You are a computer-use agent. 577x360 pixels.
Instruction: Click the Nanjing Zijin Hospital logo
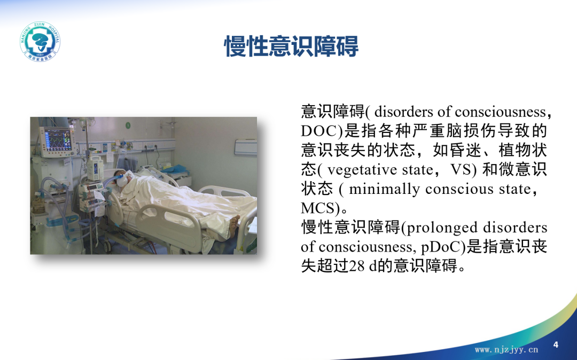tap(40, 41)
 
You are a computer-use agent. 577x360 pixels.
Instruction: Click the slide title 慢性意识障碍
tap(291, 46)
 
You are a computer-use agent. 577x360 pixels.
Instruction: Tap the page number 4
tap(556, 345)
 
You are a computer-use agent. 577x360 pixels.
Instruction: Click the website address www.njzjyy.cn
tap(506, 349)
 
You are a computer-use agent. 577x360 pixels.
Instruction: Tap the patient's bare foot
tap(233, 225)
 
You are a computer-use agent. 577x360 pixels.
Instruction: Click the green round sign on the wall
tap(128, 125)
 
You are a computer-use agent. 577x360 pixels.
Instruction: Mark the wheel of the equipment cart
tap(107, 246)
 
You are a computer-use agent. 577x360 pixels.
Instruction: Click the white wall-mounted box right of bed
tap(245, 147)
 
